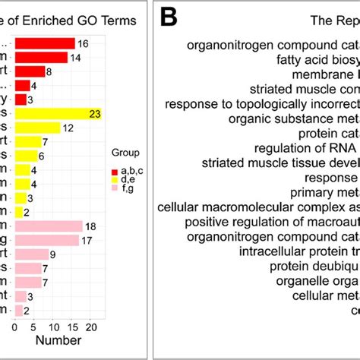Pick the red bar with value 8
tap(30, 71)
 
